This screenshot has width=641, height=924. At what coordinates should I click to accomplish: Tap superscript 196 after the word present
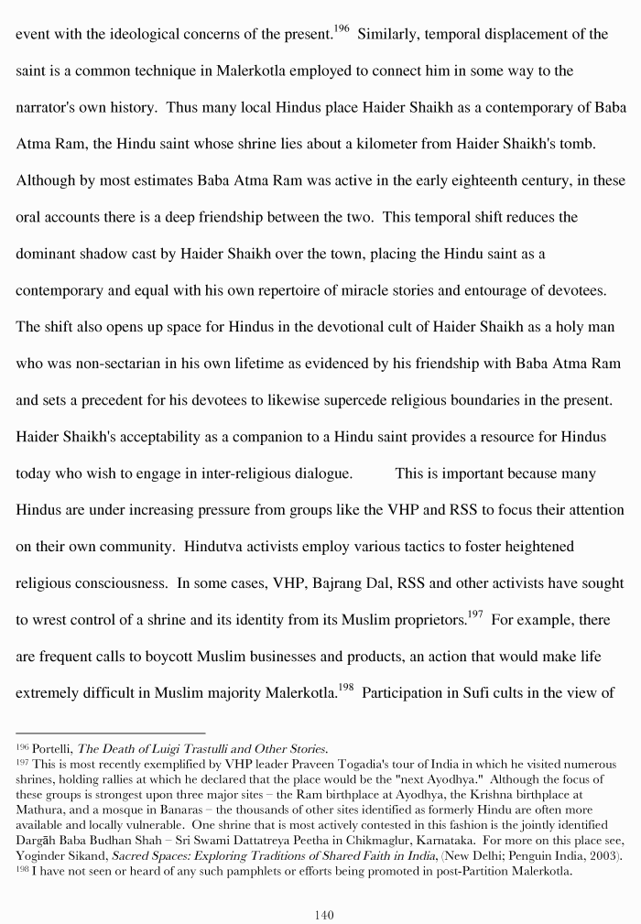[341, 28]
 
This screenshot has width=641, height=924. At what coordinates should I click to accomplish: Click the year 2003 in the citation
[604, 855]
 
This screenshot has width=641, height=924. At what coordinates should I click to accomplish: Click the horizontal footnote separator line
[110, 733]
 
